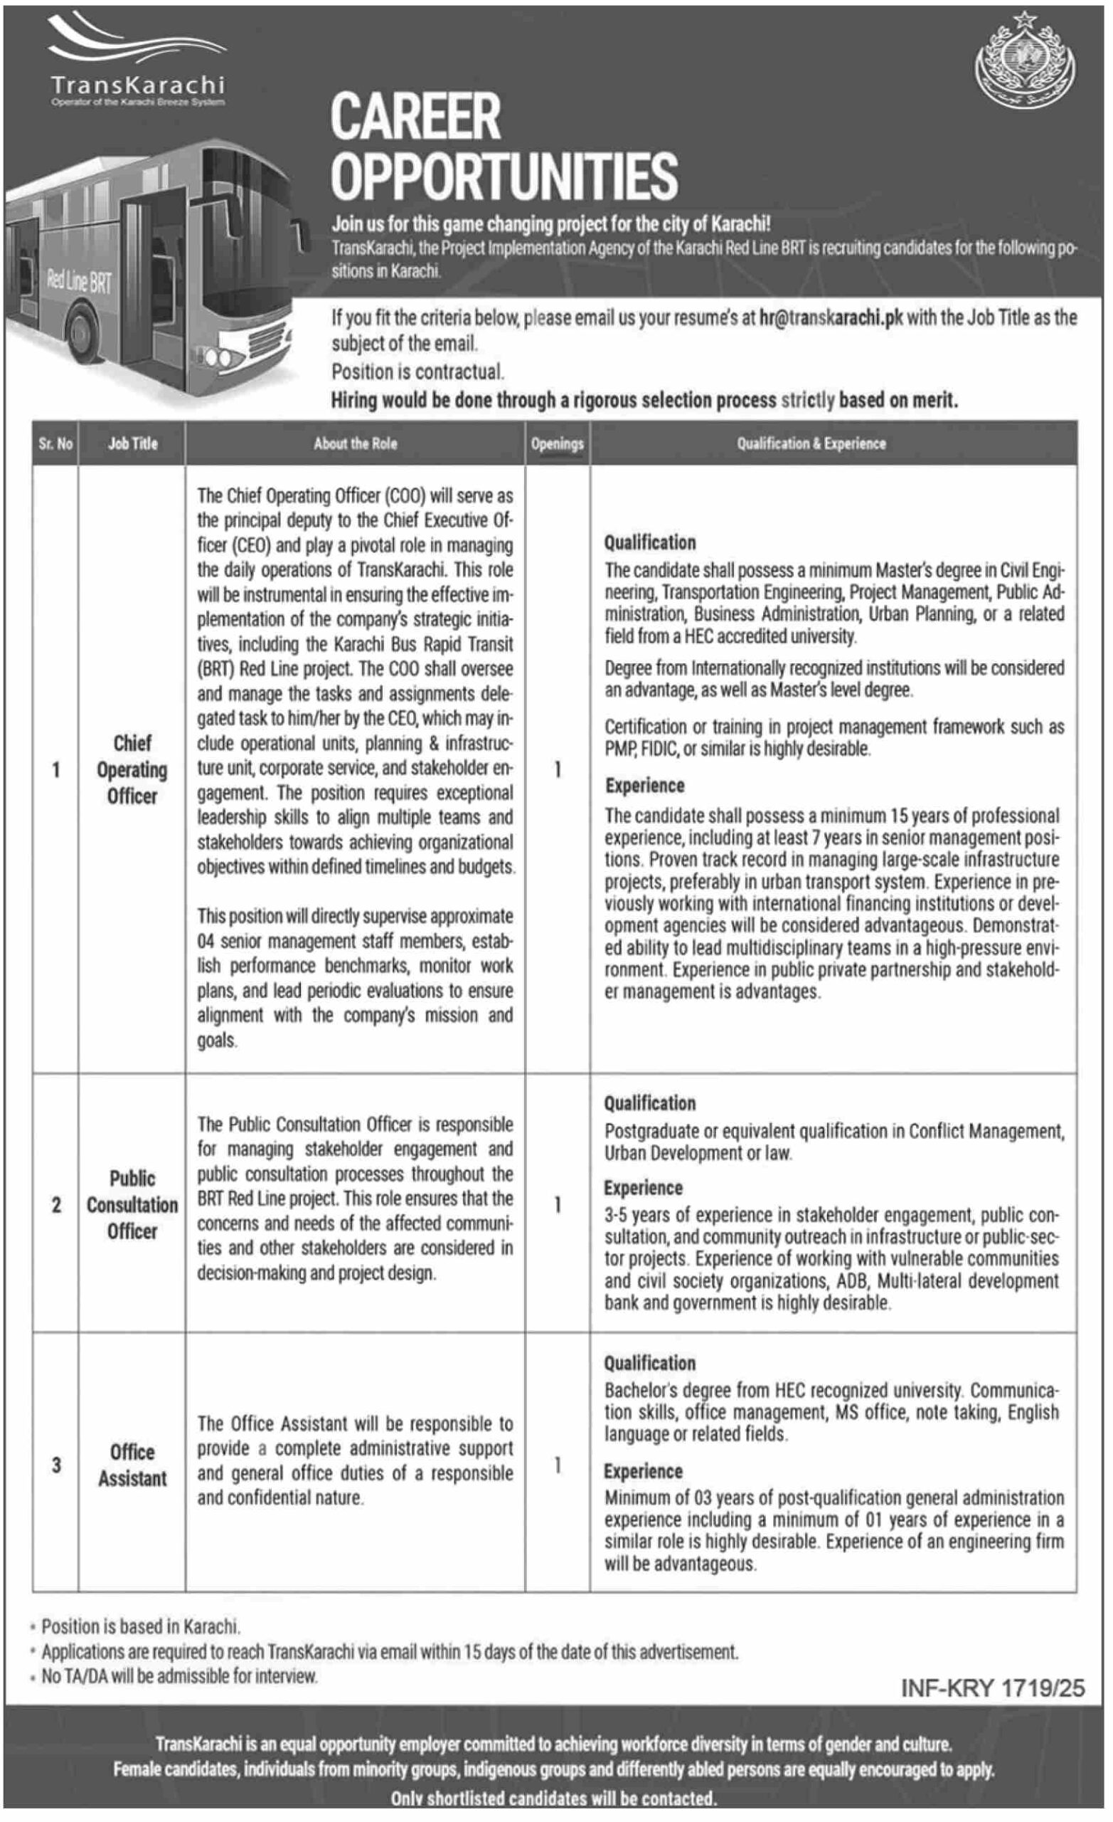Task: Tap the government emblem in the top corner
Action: [1024, 63]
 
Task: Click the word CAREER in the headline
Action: [415, 116]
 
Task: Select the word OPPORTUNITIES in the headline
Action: [504, 176]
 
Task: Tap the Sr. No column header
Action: [55, 443]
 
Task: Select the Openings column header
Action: [558, 443]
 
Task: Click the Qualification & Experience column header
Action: [811, 443]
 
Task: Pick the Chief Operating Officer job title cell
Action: [132, 769]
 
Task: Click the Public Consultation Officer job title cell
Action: [132, 1204]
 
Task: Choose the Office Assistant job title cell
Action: [132, 1465]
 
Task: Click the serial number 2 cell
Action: [56, 1204]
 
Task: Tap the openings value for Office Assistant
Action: [558, 1465]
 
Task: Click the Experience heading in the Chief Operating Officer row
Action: [644, 785]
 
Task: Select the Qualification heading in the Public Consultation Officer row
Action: [649, 1103]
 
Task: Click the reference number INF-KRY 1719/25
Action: [993, 1687]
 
